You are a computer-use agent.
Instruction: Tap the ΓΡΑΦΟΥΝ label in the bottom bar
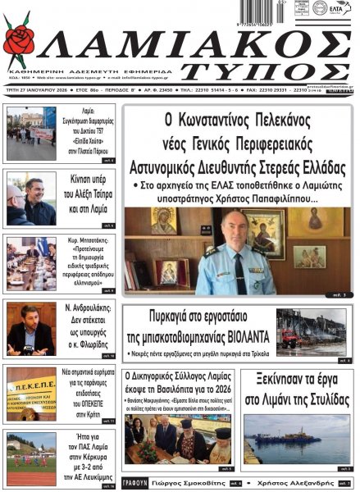136,484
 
